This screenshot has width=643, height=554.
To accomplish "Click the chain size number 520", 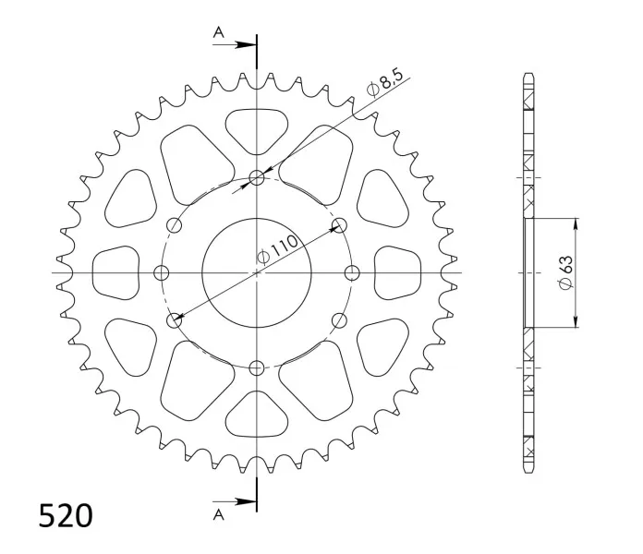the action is click(66, 515).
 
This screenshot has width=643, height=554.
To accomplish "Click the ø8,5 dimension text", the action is click(385, 83).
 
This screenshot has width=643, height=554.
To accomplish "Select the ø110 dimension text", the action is click(277, 249).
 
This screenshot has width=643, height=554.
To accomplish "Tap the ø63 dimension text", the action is click(566, 272).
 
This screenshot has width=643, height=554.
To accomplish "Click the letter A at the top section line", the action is click(219, 32).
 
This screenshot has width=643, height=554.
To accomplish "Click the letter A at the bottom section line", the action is click(219, 514).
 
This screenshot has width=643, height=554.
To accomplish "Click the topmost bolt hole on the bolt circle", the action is click(257, 178).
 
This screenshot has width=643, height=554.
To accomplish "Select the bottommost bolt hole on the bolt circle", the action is click(257, 367).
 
